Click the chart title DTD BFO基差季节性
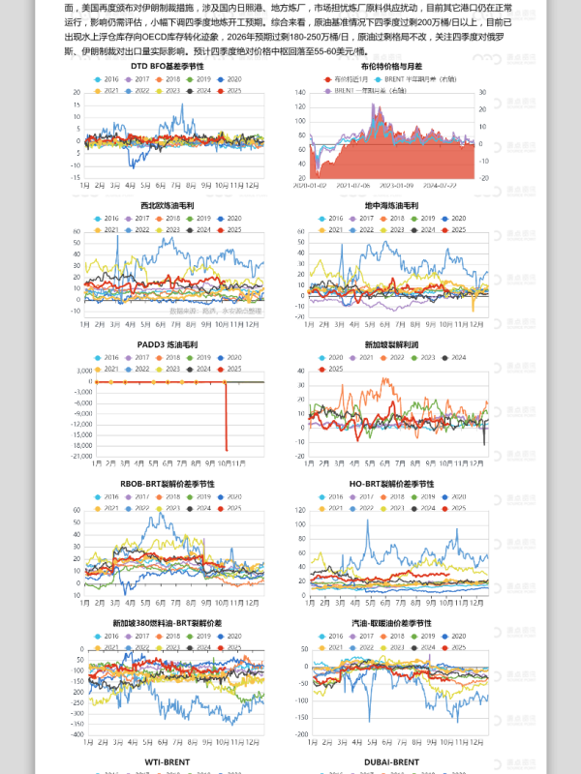(x=167, y=66)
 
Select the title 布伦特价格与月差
(x=391, y=66)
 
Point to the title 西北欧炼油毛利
(x=167, y=206)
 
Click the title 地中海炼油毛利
(x=391, y=206)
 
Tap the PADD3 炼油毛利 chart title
(x=168, y=344)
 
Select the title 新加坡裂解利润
(x=391, y=344)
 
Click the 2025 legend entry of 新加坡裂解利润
(x=335, y=369)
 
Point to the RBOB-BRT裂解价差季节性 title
(x=167, y=484)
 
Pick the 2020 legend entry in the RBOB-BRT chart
(x=232, y=496)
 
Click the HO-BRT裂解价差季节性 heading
(x=391, y=484)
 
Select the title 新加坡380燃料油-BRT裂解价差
(x=167, y=623)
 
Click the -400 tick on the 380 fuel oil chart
(x=78, y=735)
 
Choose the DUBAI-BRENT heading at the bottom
(x=391, y=762)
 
